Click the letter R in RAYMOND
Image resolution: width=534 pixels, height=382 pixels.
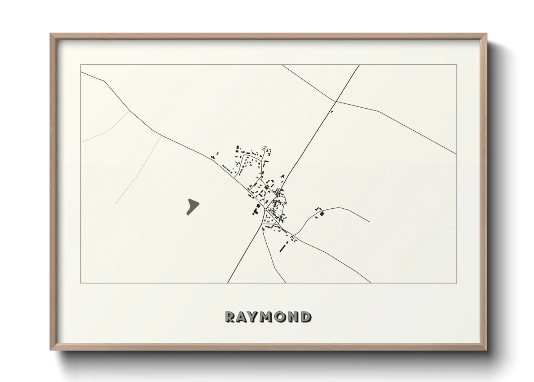click(x=230, y=317)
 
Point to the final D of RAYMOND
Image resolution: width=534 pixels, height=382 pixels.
click(x=306, y=317)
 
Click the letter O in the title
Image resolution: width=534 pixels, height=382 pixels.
click(x=281, y=317)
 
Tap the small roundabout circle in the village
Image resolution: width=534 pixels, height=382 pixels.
click(x=265, y=209)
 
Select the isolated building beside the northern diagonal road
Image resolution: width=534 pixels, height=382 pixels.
click(x=332, y=112)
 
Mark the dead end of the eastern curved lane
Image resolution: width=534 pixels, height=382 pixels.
click(x=370, y=221)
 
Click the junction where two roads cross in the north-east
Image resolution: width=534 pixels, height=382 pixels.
click(x=336, y=101)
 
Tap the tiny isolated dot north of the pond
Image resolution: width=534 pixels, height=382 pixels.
click(x=212, y=179)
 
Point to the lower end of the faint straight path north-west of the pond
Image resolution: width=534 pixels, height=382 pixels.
click(x=115, y=204)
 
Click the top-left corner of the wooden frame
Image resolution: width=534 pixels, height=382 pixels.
click(x=51, y=34)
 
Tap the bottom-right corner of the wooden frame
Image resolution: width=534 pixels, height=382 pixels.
click(x=487, y=350)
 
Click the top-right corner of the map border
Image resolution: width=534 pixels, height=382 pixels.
click(x=457, y=65)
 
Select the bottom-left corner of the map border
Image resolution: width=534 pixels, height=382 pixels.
click(x=80, y=283)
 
